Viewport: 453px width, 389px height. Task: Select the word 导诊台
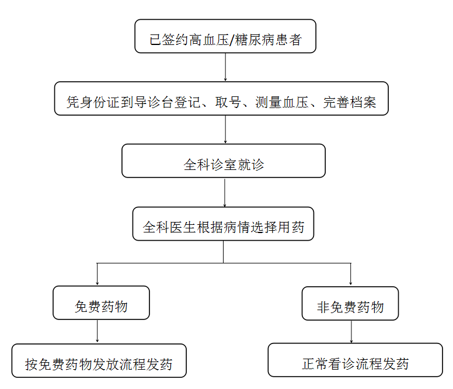(x=166, y=103)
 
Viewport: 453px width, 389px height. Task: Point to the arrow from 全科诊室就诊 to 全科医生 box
(x=225, y=192)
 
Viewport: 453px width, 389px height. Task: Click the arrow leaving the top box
(x=225, y=67)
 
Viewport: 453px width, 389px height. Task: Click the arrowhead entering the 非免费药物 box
(x=350, y=283)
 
